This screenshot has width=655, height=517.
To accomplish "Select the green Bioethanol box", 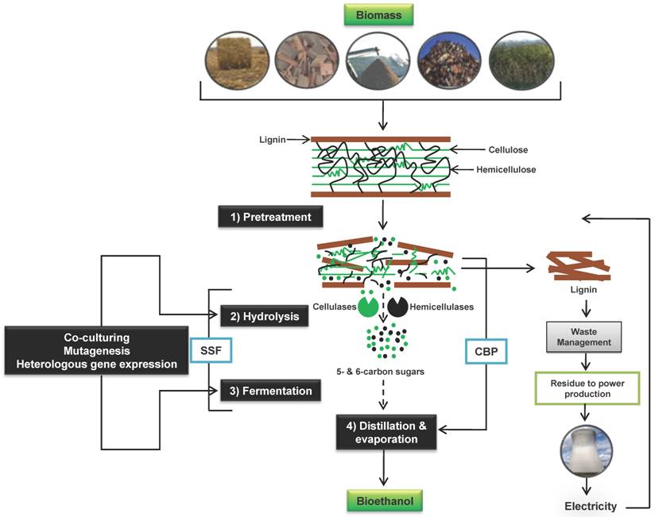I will click(x=385, y=502).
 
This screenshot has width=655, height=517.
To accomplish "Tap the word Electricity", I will click(x=588, y=506).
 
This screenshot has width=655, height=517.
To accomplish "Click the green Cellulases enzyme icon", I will click(x=368, y=304).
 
